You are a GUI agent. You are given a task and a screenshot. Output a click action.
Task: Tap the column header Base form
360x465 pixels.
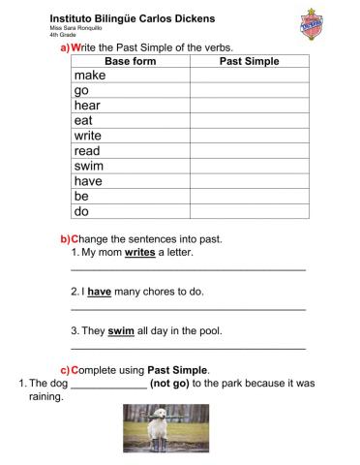[130, 61]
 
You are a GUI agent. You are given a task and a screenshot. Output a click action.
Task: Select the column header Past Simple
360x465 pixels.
[249, 61]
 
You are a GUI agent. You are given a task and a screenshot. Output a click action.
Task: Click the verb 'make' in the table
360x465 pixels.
[90, 76]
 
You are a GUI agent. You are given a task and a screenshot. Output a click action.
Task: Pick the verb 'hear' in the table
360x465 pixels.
[88, 106]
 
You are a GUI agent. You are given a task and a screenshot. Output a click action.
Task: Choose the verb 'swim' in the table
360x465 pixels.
[89, 166]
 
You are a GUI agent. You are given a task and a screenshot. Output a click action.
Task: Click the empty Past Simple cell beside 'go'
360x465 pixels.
[249, 91]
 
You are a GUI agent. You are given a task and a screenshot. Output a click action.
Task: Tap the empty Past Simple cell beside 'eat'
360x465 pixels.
[249, 121]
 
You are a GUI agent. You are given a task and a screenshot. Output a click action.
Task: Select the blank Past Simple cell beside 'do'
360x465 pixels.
[249, 210]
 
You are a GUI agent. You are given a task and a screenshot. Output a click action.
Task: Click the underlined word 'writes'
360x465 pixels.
[140, 252]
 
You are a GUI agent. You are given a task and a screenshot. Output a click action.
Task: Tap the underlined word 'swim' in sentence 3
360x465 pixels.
[121, 330]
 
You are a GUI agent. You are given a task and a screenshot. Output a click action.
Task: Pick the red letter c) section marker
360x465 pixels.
[65, 369]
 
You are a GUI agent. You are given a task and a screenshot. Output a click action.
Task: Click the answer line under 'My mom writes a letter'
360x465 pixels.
[189, 268]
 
